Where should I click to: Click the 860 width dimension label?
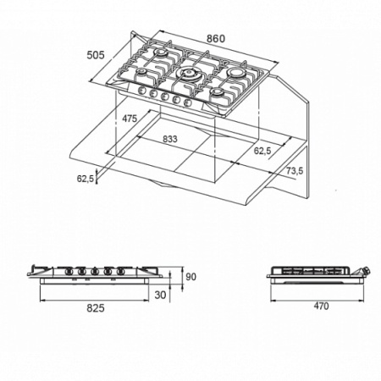coord(216,39)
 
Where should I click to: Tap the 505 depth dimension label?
coord(96,55)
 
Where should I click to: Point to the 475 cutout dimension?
coord(130,119)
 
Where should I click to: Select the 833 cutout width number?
coord(170,139)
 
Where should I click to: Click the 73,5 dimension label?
coord(295,171)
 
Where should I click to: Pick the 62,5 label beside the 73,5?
coord(262,151)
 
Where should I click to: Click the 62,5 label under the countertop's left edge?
coord(85,179)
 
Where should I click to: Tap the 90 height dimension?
coord(190,277)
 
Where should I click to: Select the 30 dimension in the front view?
coord(160,295)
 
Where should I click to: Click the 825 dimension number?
coord(96,308)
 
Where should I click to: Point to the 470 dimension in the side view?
coord(321,306)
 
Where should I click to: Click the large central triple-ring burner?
coord(187,74)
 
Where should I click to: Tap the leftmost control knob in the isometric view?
coord(141,91)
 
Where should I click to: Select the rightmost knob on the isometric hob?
coord(187,102)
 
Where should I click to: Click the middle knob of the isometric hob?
coord(164,97)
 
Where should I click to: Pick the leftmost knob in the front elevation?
coord(68,271)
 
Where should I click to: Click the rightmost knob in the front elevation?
coord(121,271)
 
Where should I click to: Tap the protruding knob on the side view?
coord(366,271)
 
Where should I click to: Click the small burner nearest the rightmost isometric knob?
coord(218,93)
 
